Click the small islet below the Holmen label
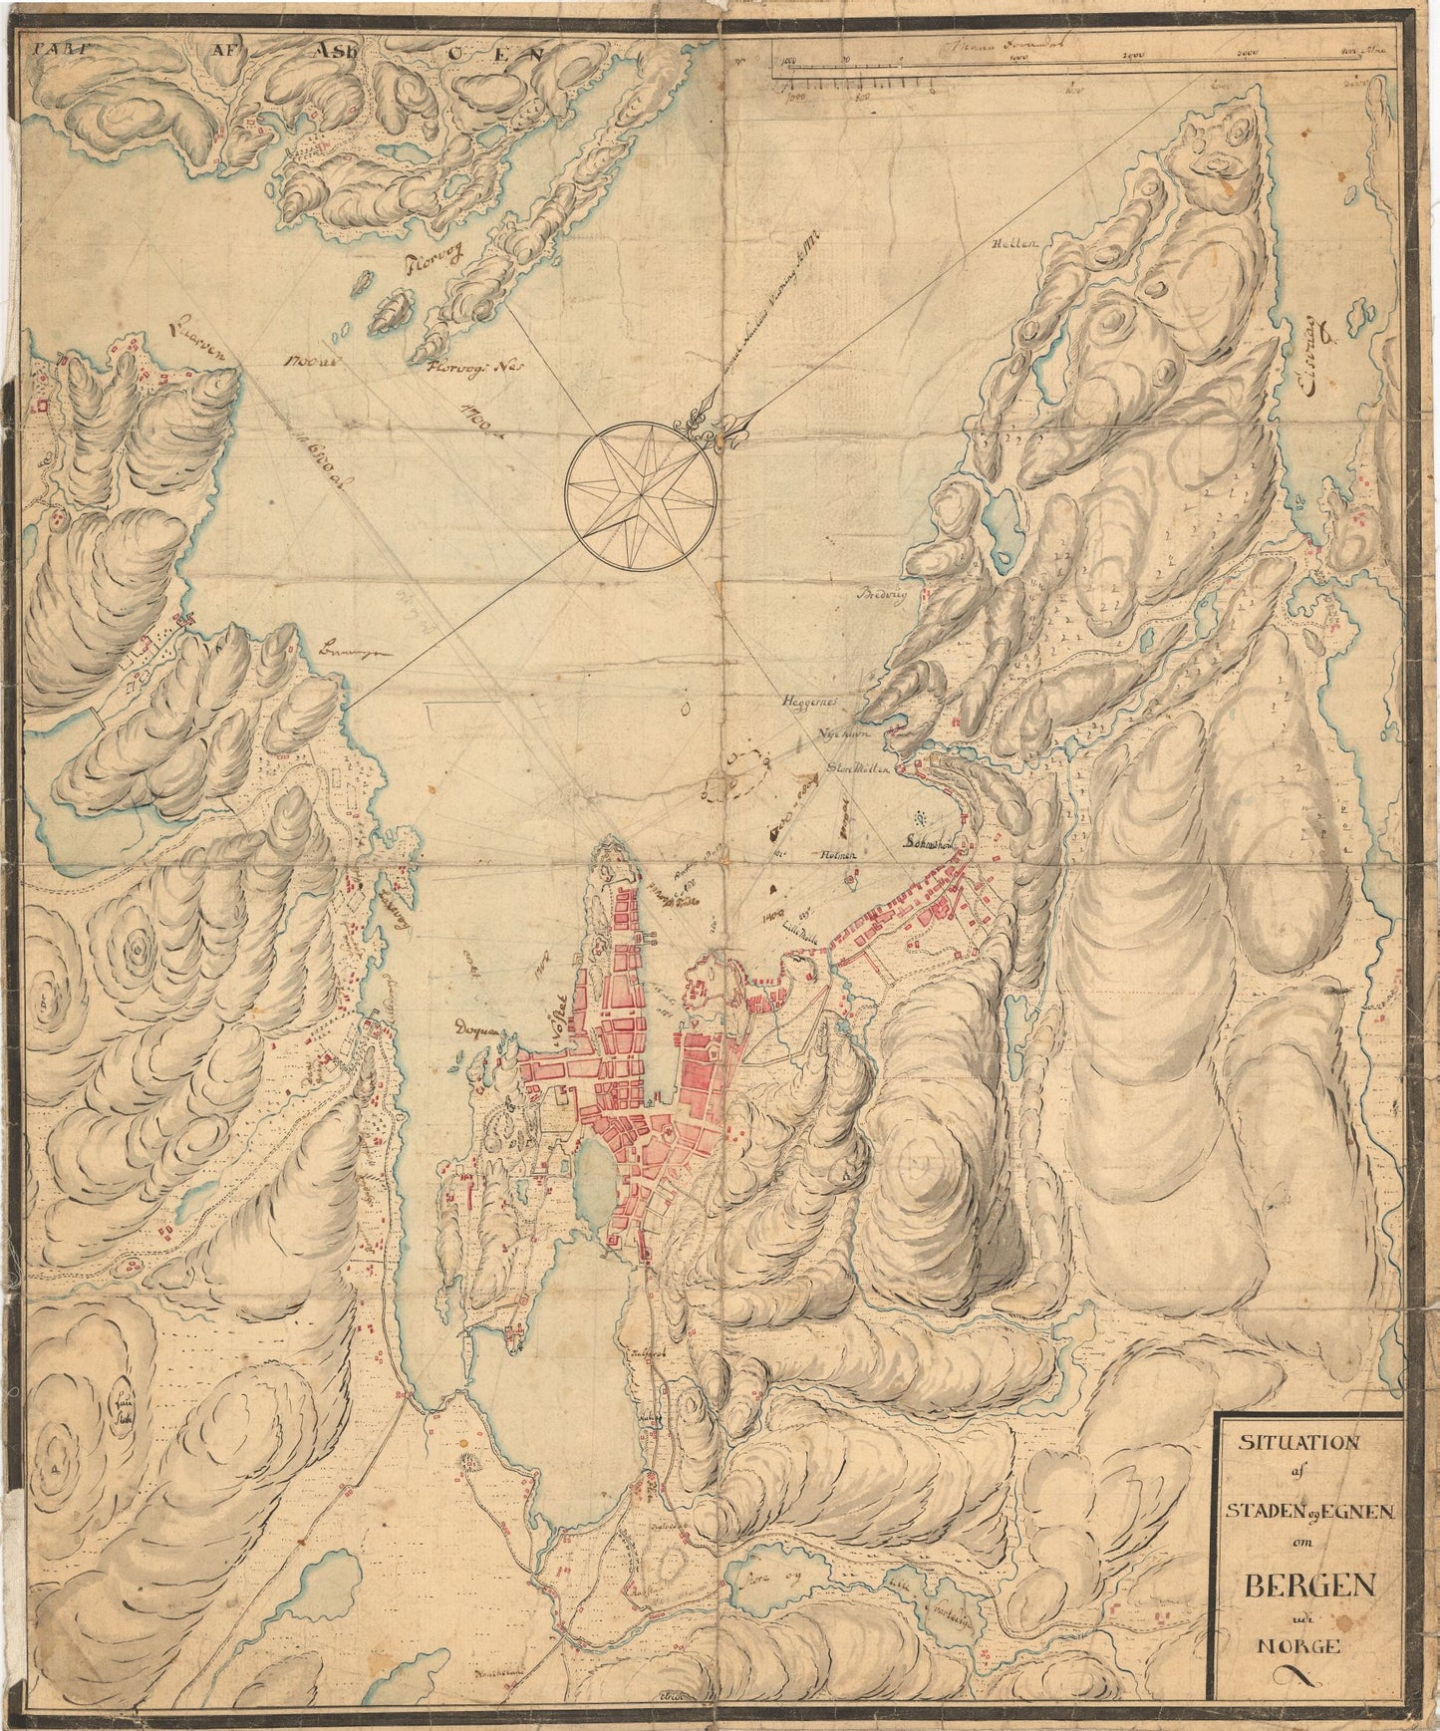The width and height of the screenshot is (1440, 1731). [852, 881]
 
